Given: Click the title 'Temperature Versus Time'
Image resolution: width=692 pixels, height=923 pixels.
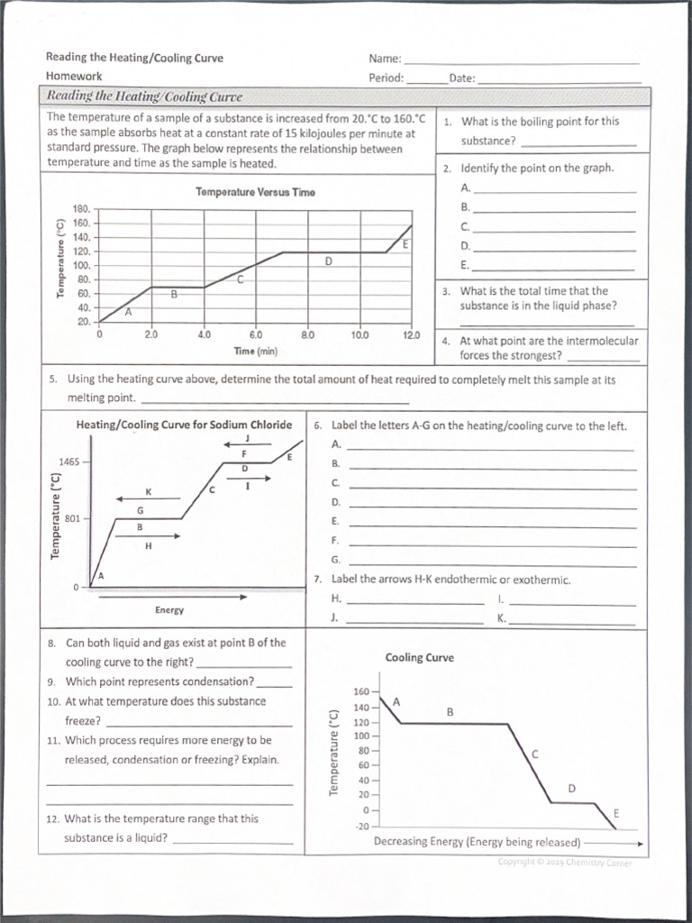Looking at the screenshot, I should [x=255, y=192].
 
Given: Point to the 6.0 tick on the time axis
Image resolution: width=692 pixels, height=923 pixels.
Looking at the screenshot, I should [x=255, y=334].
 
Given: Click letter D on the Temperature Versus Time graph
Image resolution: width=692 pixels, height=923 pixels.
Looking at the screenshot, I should [x=328, y=260].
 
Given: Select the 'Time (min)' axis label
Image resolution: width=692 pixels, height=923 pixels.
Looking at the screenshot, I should [x=255, y=350].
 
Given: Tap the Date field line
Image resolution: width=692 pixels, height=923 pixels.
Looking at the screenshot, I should [x=558, y=82].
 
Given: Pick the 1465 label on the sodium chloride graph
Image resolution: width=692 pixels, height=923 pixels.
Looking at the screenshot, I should [x=69, y=462].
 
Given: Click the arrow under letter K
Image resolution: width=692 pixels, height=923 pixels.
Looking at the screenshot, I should [x=137, y=498].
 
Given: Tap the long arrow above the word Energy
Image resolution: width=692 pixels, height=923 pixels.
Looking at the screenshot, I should [x=172, y=596].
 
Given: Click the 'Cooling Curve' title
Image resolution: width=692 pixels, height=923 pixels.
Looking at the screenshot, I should [x=419, y=658].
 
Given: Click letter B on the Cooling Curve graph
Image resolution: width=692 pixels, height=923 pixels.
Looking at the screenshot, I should [x=451, y=712].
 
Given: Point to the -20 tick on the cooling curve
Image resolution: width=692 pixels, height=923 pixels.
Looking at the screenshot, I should [x=361, y=826].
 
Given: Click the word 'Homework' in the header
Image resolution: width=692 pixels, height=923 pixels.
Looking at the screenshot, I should [x=74, y=77].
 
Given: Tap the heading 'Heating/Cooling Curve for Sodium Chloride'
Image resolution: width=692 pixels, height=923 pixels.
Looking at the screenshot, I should [x=184, y=425].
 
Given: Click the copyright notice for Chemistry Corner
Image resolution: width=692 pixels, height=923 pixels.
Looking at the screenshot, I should [x=564, y=863].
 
